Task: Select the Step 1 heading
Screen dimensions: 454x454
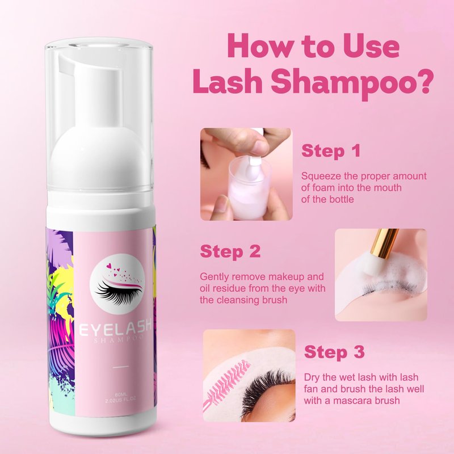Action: pos(331,151)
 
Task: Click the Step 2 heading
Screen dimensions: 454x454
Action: pos(230,251)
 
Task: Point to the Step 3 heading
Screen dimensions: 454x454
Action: pos(334,352)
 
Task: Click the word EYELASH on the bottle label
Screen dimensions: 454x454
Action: pos(115,329)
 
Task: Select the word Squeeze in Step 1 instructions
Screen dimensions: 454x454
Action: pos(321,176)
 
